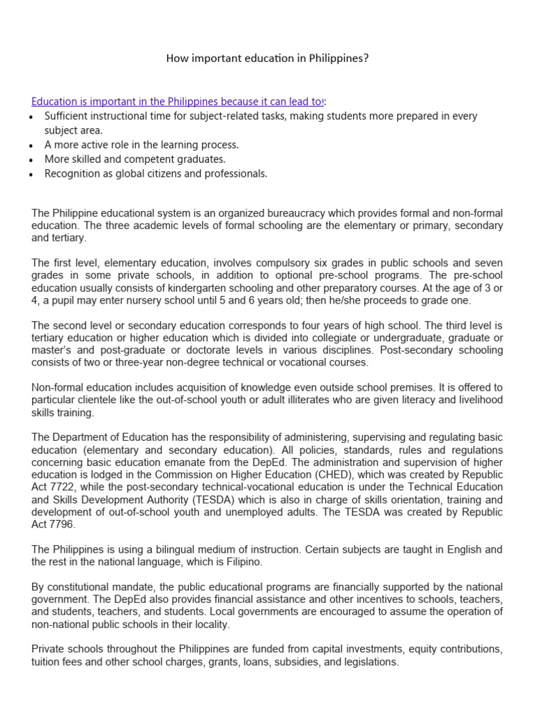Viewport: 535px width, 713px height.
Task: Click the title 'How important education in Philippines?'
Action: (267, 58)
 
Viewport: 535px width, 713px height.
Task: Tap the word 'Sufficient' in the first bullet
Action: (68, 116)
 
